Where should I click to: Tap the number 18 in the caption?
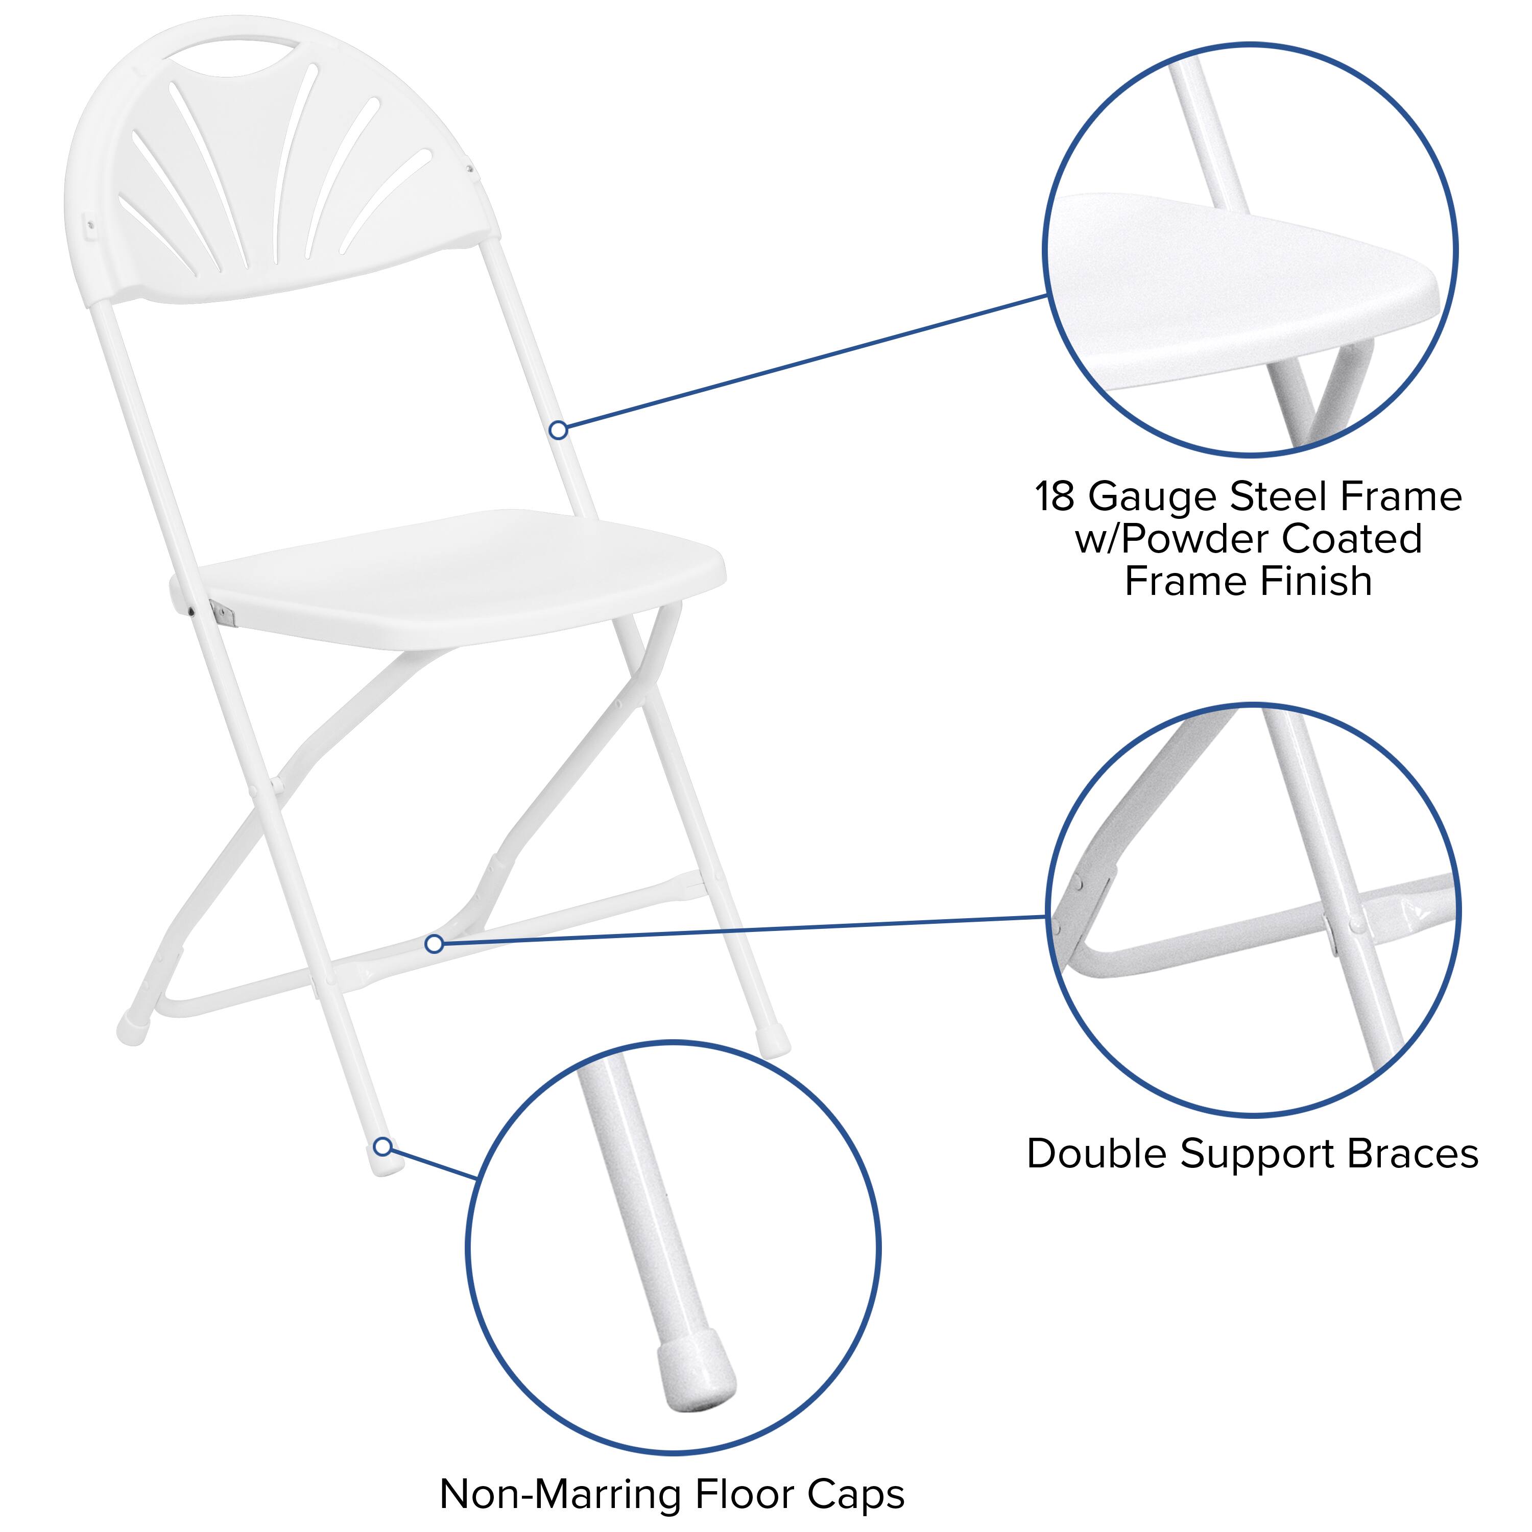1055,497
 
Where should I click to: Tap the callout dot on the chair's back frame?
558,430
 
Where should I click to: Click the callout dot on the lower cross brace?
434,944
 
